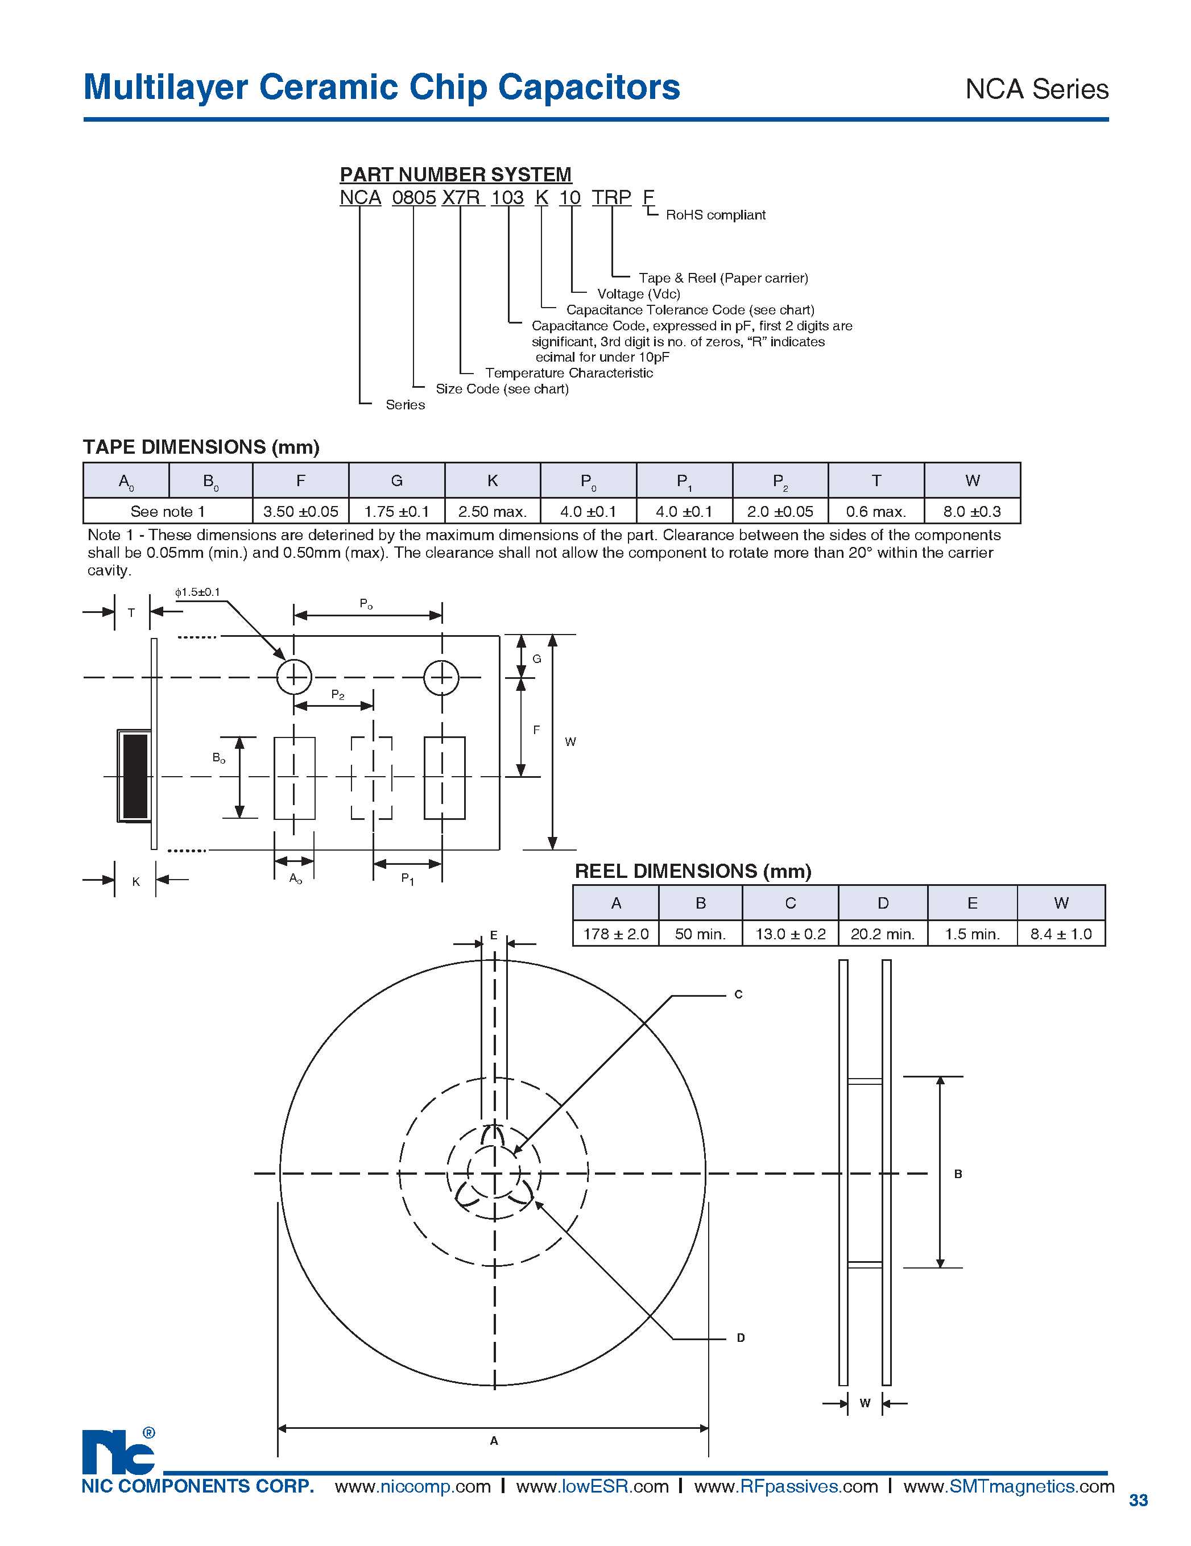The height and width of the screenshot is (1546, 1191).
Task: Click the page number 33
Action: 1138,1500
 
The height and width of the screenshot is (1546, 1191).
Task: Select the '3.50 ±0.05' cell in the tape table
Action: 300,511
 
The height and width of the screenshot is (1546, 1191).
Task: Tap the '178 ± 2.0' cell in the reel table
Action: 615,934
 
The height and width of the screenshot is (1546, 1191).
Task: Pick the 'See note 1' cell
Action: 168,511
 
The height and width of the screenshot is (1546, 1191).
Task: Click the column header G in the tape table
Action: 396,480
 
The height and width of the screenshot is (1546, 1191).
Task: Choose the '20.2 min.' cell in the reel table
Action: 882,934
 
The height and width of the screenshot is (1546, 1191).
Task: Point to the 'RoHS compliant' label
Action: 715,215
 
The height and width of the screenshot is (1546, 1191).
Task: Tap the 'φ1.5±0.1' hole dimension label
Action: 197,592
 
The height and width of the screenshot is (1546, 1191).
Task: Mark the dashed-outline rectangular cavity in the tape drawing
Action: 372,777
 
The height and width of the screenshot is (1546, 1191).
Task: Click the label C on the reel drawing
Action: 738,994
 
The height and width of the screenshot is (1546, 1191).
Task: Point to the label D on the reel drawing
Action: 741,1338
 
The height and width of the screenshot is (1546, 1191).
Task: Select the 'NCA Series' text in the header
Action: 1037,89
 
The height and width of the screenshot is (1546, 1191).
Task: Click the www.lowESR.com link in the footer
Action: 592,1486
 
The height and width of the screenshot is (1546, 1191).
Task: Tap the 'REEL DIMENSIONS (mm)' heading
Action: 693,871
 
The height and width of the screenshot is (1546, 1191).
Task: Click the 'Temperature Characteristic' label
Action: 569,373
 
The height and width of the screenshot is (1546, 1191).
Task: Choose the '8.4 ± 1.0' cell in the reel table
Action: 1061,934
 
